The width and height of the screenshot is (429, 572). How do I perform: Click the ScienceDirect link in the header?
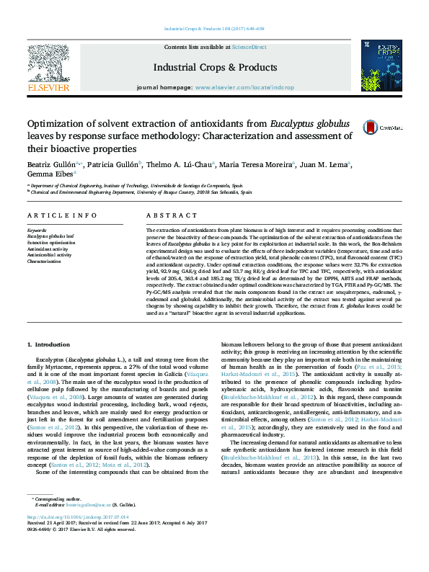pyautogui.click(x=249, y=47)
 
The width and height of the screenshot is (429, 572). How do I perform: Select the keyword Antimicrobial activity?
pyautogui.click(x=49, y=255)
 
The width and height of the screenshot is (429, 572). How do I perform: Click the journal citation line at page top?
pyautogui.click(x=214, y=29)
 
